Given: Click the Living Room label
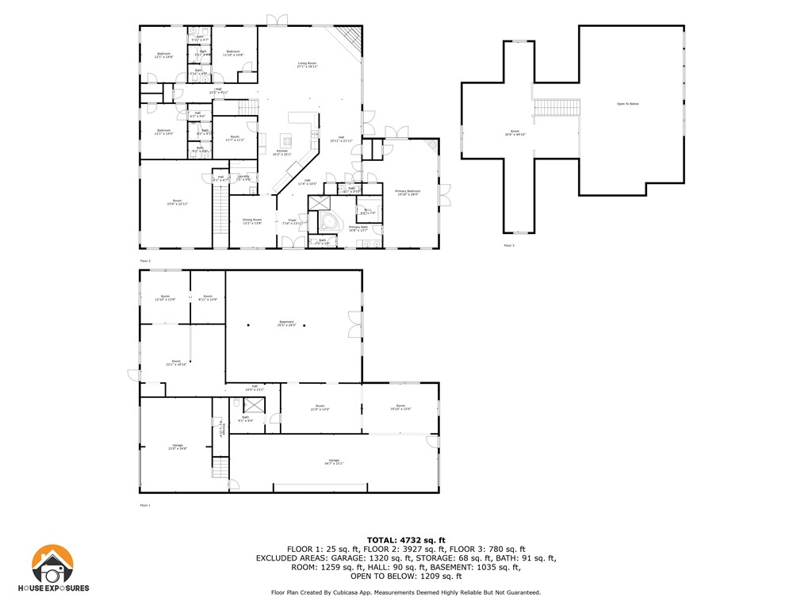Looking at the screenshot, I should [307, 65].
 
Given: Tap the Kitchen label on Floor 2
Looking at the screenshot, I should [282, 152].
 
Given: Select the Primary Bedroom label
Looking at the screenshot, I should [408, 193].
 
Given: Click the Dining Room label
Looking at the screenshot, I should [252, 221].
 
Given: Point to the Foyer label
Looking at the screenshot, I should [293, 221].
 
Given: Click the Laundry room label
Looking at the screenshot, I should [243, 178].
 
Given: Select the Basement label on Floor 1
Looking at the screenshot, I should [286, 324].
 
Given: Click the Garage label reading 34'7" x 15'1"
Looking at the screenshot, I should [334, 462].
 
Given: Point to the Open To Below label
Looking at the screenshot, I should [627, 104].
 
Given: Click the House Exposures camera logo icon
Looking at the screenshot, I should [52, 565].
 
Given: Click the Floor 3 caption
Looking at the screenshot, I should [508, 245].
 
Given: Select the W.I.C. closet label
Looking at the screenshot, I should [367, 212].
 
